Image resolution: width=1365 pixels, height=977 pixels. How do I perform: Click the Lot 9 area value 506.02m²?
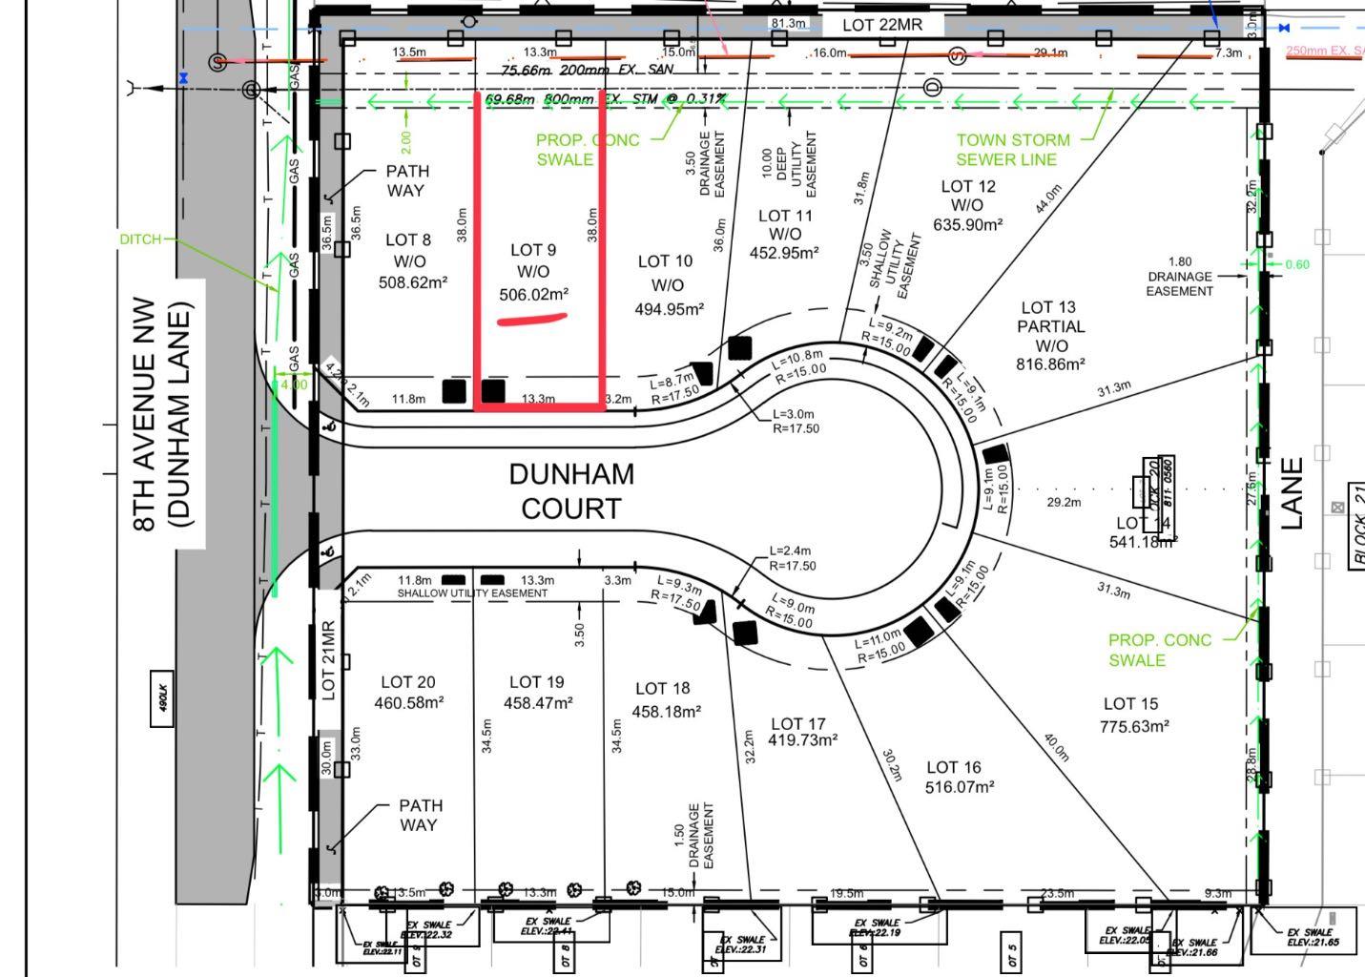(533, 295)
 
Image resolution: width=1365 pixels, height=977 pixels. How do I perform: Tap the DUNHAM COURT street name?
(570, 491)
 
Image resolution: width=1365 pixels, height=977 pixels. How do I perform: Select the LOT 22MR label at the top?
(882, 25)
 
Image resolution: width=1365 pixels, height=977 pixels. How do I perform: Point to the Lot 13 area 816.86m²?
(1050, 364)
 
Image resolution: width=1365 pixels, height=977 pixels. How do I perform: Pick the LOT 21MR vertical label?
(328, 660)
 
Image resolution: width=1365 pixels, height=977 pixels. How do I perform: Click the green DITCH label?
(140, 239)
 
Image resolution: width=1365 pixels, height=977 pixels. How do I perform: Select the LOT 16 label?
(953, 767)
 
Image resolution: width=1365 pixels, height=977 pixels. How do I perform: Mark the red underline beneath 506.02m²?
(532, 319)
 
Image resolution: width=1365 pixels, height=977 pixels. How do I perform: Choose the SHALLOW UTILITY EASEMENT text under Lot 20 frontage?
(472, 593)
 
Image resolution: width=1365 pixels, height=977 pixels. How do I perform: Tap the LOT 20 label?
(408, 682)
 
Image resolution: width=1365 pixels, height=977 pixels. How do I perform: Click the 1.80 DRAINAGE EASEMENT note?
(1180, 276)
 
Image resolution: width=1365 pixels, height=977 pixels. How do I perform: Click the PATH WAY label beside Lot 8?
(407, 180)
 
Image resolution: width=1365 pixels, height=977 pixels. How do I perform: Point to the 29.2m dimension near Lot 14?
(1064, 502)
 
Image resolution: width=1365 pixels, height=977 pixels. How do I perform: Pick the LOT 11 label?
(785, 216)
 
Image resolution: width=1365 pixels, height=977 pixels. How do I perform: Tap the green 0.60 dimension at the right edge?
(1297, 264)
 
